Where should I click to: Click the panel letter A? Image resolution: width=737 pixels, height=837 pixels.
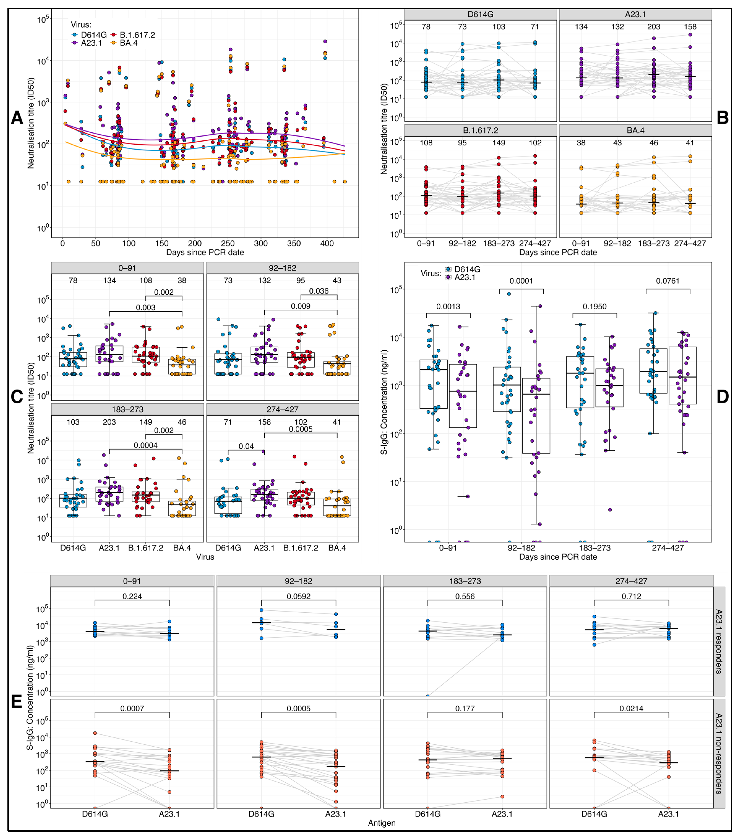coord(17,118)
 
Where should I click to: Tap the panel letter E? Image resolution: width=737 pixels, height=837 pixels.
coord(16,702)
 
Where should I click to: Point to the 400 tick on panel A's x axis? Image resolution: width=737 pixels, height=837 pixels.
coord(327,243)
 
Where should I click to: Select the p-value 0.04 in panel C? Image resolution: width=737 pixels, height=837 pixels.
coord(246,446)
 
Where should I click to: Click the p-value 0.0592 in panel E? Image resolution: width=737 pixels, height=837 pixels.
coord(298,596)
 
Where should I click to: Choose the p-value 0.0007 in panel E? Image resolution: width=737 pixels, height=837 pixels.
coord(132,708)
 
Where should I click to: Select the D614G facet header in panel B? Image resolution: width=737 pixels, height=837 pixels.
coord(480,14)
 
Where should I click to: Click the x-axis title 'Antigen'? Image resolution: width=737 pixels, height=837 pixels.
coord(382,823)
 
